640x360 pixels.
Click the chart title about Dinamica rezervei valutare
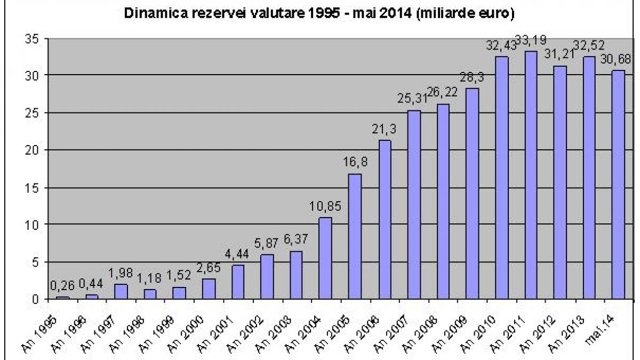coord(319,13)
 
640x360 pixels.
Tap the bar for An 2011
coord(531,174)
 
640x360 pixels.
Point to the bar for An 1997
coord(121,291)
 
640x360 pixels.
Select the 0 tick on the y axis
coord(36,299)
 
